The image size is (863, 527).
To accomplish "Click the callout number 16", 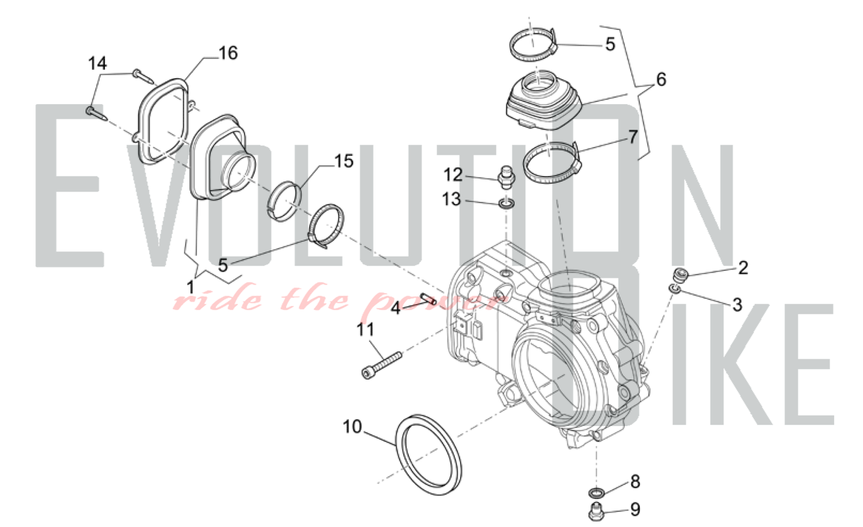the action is coord(228,53).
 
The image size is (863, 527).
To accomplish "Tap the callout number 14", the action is coord(98,63).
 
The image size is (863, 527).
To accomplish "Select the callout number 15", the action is coord(344,161).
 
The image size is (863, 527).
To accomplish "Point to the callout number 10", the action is coord(352,427).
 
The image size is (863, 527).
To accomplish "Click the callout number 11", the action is coord(365,330).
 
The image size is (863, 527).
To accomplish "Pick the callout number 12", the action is coord(453,175).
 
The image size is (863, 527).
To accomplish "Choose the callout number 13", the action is coord(452,200).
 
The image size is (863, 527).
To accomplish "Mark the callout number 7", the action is coord(633,137).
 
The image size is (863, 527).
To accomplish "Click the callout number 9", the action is coord(635,510).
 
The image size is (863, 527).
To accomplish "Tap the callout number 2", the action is coord(743,268).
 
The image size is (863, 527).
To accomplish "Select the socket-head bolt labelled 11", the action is coord(381,365).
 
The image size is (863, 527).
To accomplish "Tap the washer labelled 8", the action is coord(596,492).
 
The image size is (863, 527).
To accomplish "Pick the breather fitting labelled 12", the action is coord(505,177).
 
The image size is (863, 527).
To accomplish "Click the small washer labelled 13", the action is coord(506,203).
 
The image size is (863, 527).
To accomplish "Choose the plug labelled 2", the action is coord(680,274).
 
